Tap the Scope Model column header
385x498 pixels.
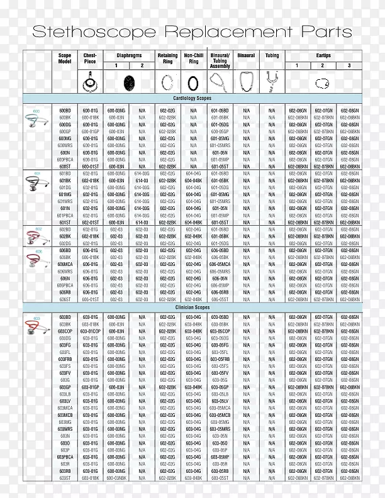tap(65, 58)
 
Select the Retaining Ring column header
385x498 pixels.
tap(167, 58)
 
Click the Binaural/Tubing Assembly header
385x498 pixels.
tap(220, 60)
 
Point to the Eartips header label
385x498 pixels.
tap(323, 55)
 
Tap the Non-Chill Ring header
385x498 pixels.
tap(194, 58)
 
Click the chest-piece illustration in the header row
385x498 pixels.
tap(89, 81)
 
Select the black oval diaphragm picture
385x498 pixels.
tap(129, 82)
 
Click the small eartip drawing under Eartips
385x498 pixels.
tap(322, 82)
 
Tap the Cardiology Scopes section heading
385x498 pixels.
tap(192, 99)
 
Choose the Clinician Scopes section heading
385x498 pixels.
tap(192, 307)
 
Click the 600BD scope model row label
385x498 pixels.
tap(65, 110)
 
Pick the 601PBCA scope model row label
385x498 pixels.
tap(65, 215)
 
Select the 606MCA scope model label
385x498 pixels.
tap(65, 264)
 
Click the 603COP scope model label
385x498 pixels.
tap(65, 331)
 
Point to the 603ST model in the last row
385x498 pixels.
tap(65, 478)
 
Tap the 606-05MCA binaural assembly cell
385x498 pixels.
tap(220, 264)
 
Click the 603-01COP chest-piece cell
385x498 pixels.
tap(90, 331)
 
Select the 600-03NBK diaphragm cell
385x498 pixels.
tap(116, 478)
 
